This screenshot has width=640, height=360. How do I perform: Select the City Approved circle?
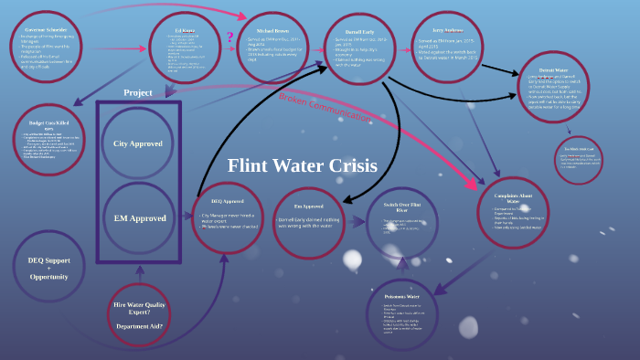138,143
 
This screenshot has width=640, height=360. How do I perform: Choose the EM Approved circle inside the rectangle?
139,218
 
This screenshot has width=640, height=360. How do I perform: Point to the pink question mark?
230,37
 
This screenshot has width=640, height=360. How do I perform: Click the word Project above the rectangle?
138,92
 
